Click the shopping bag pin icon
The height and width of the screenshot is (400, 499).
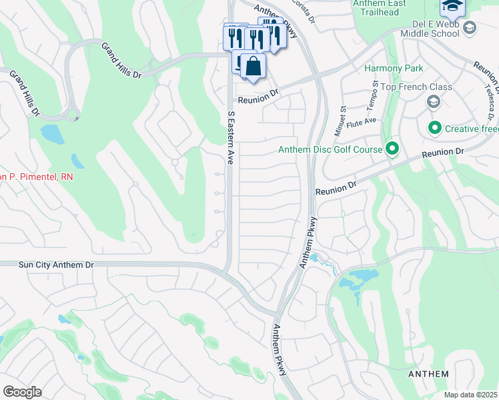pos(253,67)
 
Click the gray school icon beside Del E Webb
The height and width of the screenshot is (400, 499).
pos(470,27)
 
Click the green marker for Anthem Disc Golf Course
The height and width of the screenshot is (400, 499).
pos(392,149)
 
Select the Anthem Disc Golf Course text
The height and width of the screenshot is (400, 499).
pos(340,149)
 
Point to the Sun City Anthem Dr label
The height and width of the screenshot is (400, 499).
pos(47,265)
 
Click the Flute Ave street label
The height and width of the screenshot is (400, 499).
pos(366,121)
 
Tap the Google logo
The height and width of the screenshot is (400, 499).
pos(22,392)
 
